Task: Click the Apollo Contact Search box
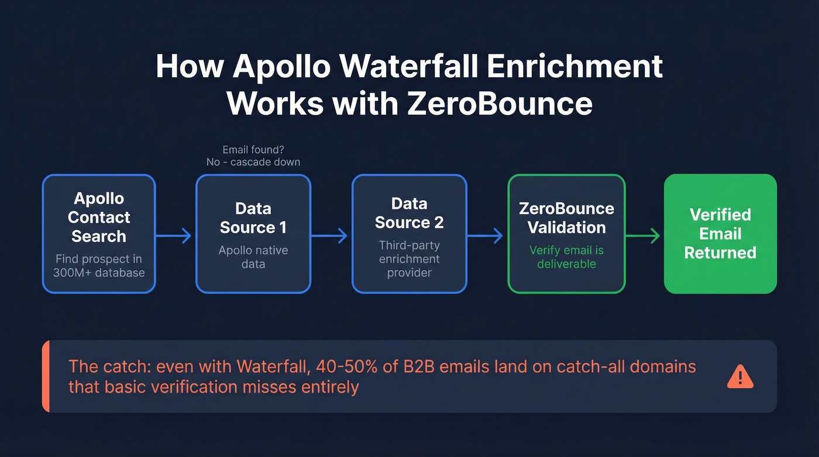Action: tap(99, 233)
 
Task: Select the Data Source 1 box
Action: tap(253, 233)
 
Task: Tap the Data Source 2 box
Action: tap(409, 233)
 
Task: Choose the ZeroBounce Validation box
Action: tap(566, 233)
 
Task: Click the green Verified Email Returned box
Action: tap(720, 233)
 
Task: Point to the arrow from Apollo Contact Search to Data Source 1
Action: tap(175, 236)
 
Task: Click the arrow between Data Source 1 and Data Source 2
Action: tap(331, 236)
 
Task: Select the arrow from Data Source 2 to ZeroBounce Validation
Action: tap(487, 236)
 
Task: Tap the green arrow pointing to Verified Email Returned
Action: tap(643, 236)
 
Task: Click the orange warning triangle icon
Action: tap(740, 376)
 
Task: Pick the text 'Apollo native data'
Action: tap(253, 257)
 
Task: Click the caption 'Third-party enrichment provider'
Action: tap(409, 259)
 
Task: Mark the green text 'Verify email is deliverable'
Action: tap(566, 257)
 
